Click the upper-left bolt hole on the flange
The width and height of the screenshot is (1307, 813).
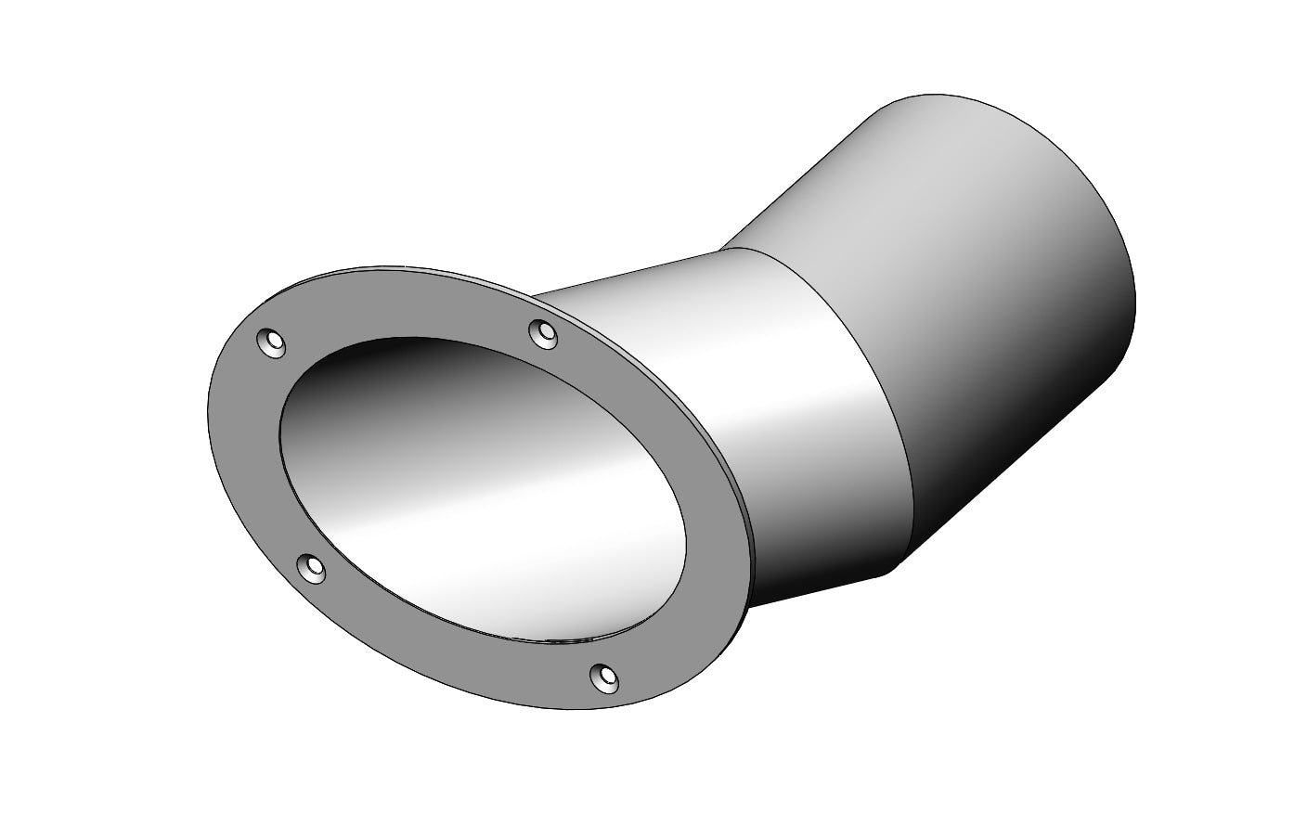(270, 343)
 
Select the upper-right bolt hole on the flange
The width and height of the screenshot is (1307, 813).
(542, 332)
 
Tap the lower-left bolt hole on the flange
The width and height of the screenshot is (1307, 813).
(311, 567)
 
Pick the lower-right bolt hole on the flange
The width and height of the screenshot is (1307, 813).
(605, 678)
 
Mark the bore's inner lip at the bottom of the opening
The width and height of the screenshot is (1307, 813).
(557, 639)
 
